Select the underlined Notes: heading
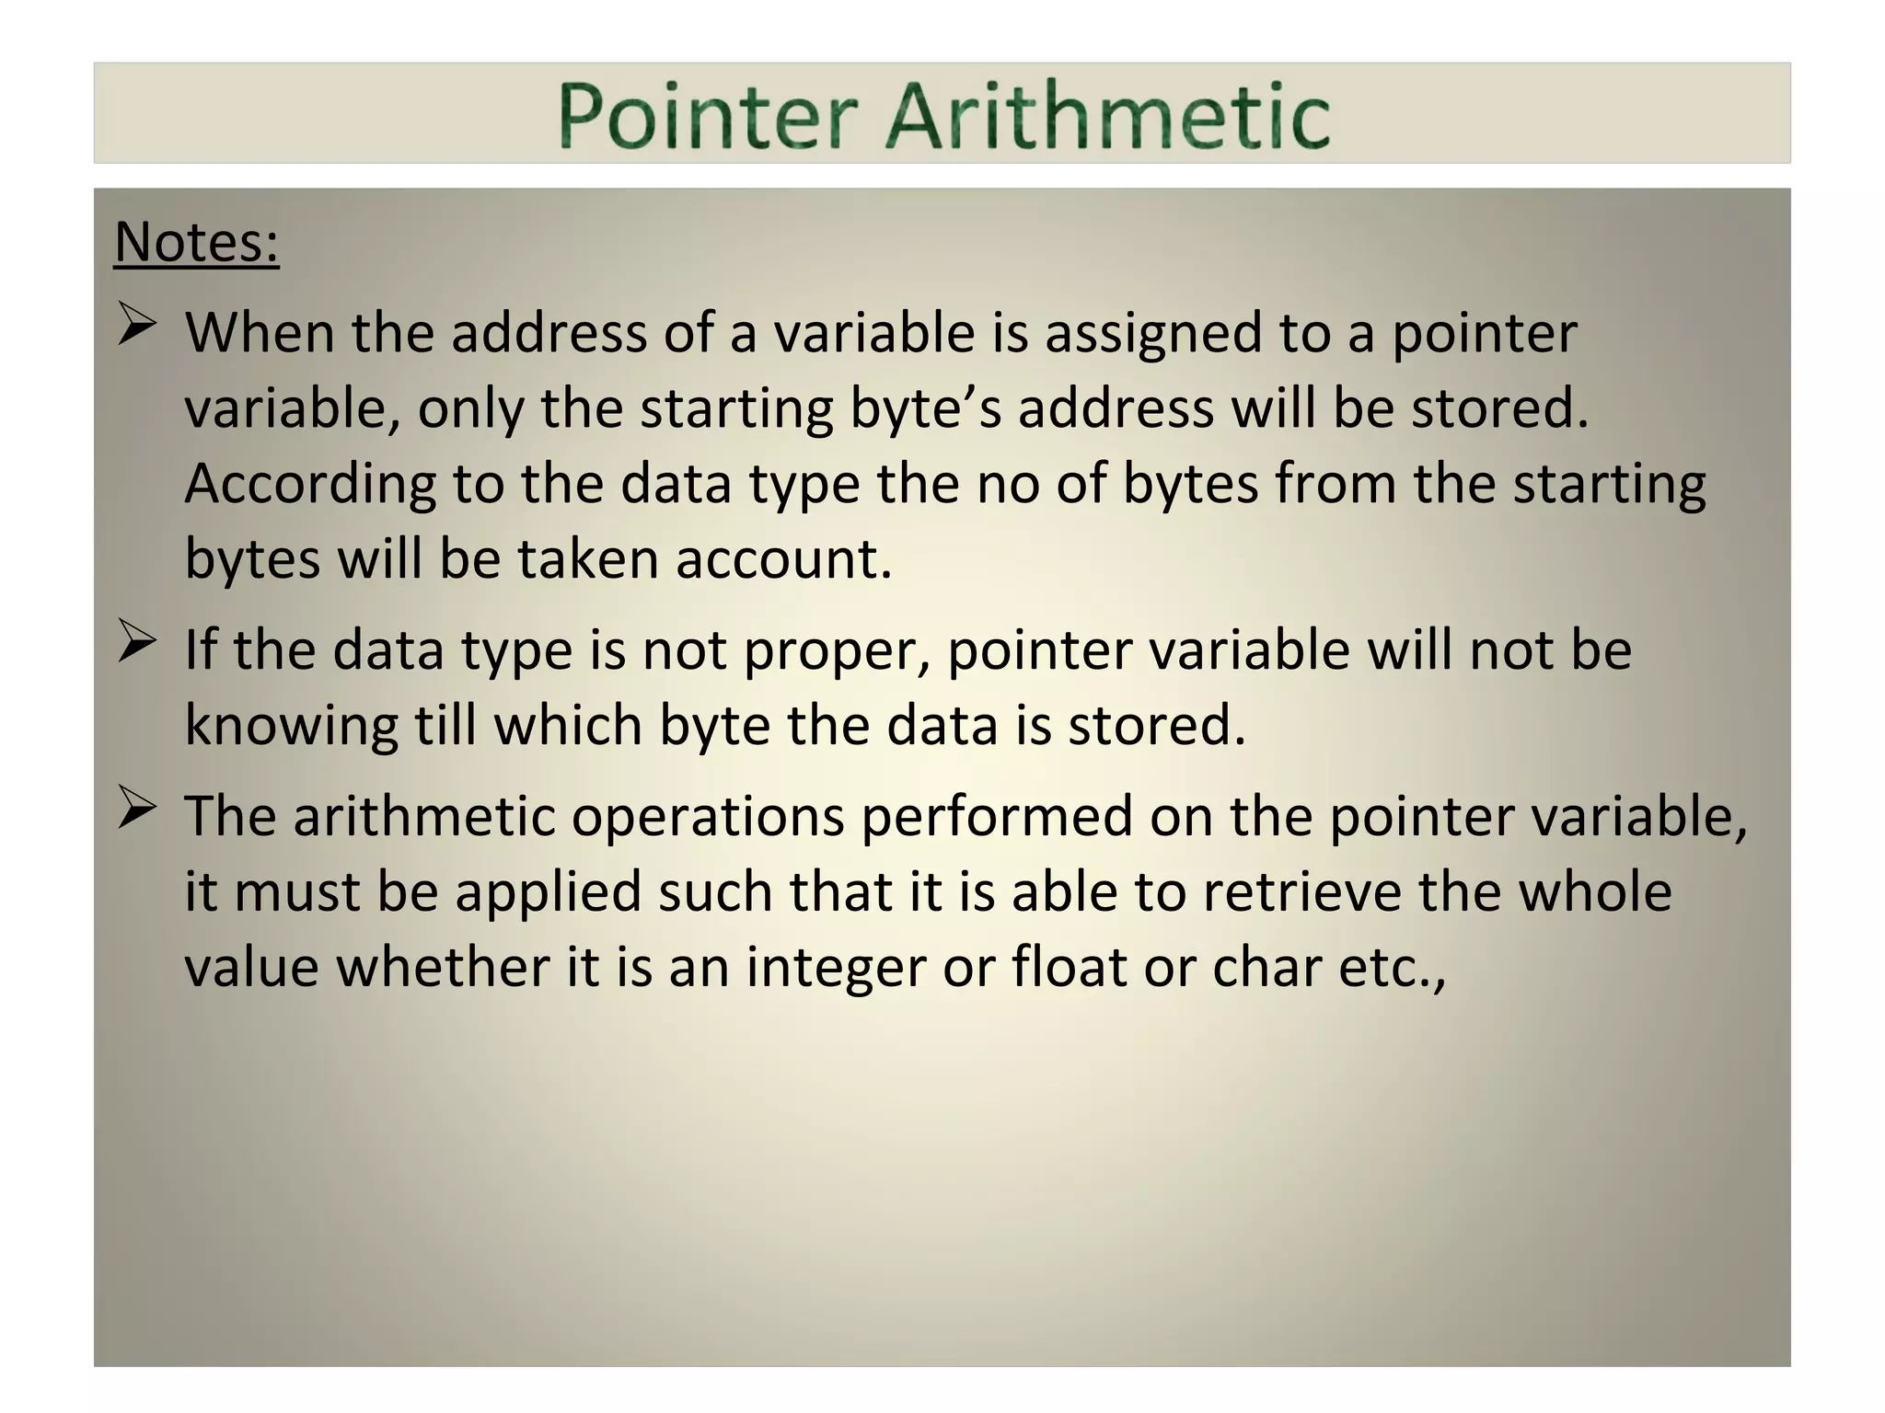[x=196, y=243]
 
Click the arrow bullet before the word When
[x=136, y=327]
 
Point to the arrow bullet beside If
[x=136, y=645]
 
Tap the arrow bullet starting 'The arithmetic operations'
[x=136, y=810]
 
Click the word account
[x=783, y=559]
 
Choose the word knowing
[x=291, y=726]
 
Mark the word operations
[x=708, y=817]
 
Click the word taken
[x=587, y=559]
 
